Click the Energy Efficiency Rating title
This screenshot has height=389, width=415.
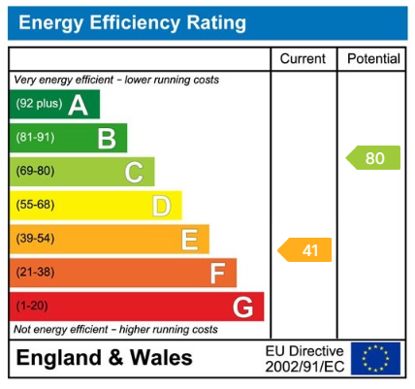click(x=132, y=21)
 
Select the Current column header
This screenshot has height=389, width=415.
click(x=303, y=59)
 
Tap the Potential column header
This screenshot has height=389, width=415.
click(x=373, y=59)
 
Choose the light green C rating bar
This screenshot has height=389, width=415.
click(x=81, y=173)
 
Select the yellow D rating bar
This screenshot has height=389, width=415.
click(x=95, y=206)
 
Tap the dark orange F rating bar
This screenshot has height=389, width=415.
click(x=122, y=274)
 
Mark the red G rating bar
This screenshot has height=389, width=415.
click(x=136, y=308)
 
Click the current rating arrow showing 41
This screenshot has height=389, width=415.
click(x=305, y=250)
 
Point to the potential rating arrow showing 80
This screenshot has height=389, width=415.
click(x=373, y=158)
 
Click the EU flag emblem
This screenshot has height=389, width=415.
click(x=375, y=359)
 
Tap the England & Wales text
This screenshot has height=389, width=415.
click(x=105, y=358)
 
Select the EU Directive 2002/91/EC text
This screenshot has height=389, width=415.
click(x=304, y=359)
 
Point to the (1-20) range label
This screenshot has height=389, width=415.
click(x=34, y=308)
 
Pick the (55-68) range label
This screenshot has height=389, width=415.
click(x=36, y=206)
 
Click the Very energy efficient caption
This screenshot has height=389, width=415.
click(x=115, y=80)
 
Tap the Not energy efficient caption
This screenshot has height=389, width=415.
click(x=115, y=330)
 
